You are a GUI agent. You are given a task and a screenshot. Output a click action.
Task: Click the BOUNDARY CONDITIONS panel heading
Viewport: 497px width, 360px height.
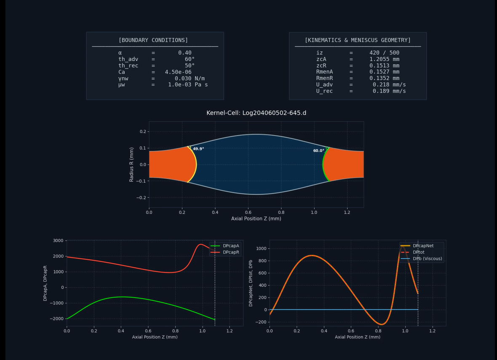pos(153,40)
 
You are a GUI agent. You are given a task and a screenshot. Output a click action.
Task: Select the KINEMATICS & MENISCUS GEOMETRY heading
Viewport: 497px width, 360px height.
pos(358,40)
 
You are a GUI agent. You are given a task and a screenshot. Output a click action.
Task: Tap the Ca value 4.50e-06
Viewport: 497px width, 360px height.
pos(178,72)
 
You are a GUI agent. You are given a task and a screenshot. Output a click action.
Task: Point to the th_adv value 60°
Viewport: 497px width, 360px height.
pos(190,59)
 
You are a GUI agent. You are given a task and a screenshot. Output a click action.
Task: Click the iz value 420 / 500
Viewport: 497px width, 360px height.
pos(384,53)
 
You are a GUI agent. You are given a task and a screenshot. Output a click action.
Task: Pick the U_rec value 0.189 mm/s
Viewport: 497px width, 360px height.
pos(389,91)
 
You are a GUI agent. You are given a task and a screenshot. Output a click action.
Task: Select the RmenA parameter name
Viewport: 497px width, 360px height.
pos(325,72)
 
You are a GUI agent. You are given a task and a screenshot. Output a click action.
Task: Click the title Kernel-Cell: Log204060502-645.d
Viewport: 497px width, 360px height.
pos(256,113)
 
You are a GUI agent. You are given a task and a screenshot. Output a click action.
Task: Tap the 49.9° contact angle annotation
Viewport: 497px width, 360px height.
pos(198,149)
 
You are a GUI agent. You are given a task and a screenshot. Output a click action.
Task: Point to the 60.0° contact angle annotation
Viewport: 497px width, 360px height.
pos(318,150)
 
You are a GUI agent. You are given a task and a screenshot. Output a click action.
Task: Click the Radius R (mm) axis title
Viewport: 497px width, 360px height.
pos(131,164)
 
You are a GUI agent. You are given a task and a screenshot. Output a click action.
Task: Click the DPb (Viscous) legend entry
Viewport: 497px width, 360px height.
pos(427,259)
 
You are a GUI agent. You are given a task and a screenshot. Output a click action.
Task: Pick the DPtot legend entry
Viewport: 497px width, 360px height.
pos(418,252)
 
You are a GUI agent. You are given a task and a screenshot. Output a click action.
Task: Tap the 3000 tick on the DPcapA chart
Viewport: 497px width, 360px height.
pos(58,241)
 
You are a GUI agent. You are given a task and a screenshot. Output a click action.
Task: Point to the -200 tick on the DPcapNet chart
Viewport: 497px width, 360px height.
pos(261,322)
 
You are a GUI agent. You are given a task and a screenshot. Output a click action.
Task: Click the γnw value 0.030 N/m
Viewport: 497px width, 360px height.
pos(190,78)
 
